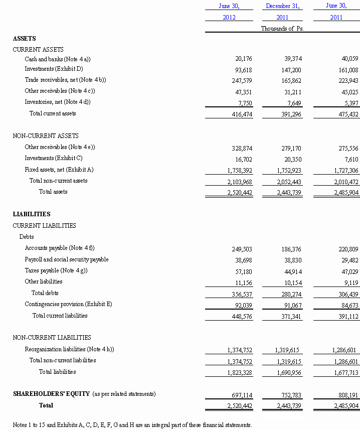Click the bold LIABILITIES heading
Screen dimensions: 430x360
pyautogui.click(x=32, y=214)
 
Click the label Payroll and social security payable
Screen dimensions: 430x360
pyautogui.click(x=67, y=259)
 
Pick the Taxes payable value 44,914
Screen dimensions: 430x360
pyautogui.click(x=291, y=271)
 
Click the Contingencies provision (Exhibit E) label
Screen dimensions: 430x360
pyautogui.click(x=68, y=304)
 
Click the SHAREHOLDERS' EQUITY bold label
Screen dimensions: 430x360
pyautogui.click(x=51, y=394)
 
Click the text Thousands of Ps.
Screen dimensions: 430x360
pyautogui.click(x=282, y=29)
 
